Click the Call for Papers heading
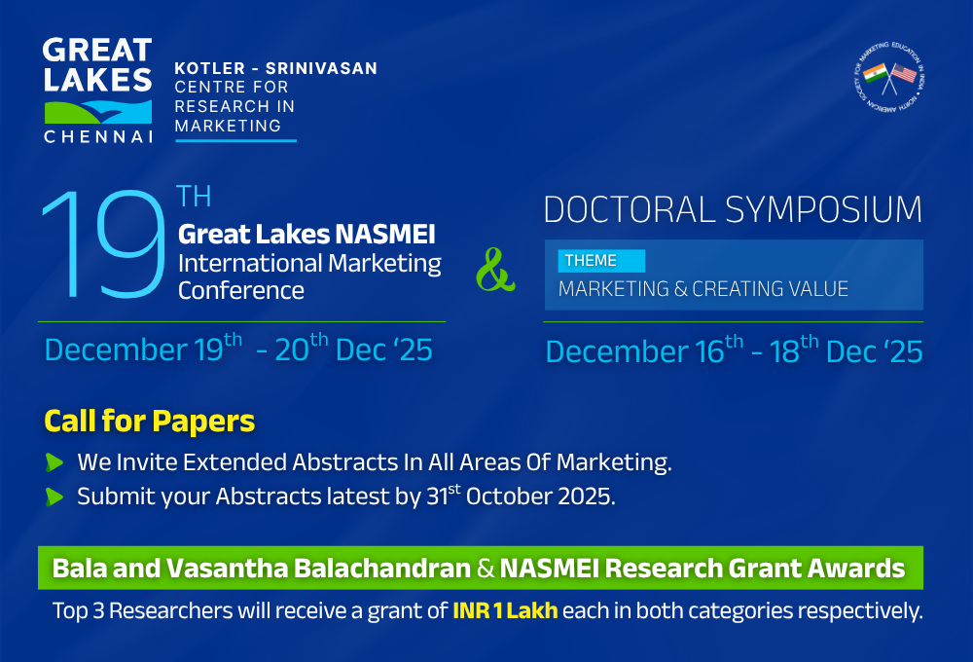(x=149, y=422)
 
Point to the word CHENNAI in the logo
(x=97, y=136)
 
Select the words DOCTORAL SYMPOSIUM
(x=733, y=209)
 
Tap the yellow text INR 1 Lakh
(x=505, y=612)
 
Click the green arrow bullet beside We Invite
(x=54, y=462)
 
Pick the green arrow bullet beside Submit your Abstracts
(x=54, y=496)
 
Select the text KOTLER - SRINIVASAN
(x=275, y=69)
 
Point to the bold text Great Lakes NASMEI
(x=306, y=235)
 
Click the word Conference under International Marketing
(x=240, y=290)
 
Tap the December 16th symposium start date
(x=644, y=350)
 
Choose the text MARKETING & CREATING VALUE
(x=703, y=289)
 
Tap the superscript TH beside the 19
(x=194, y=198)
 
